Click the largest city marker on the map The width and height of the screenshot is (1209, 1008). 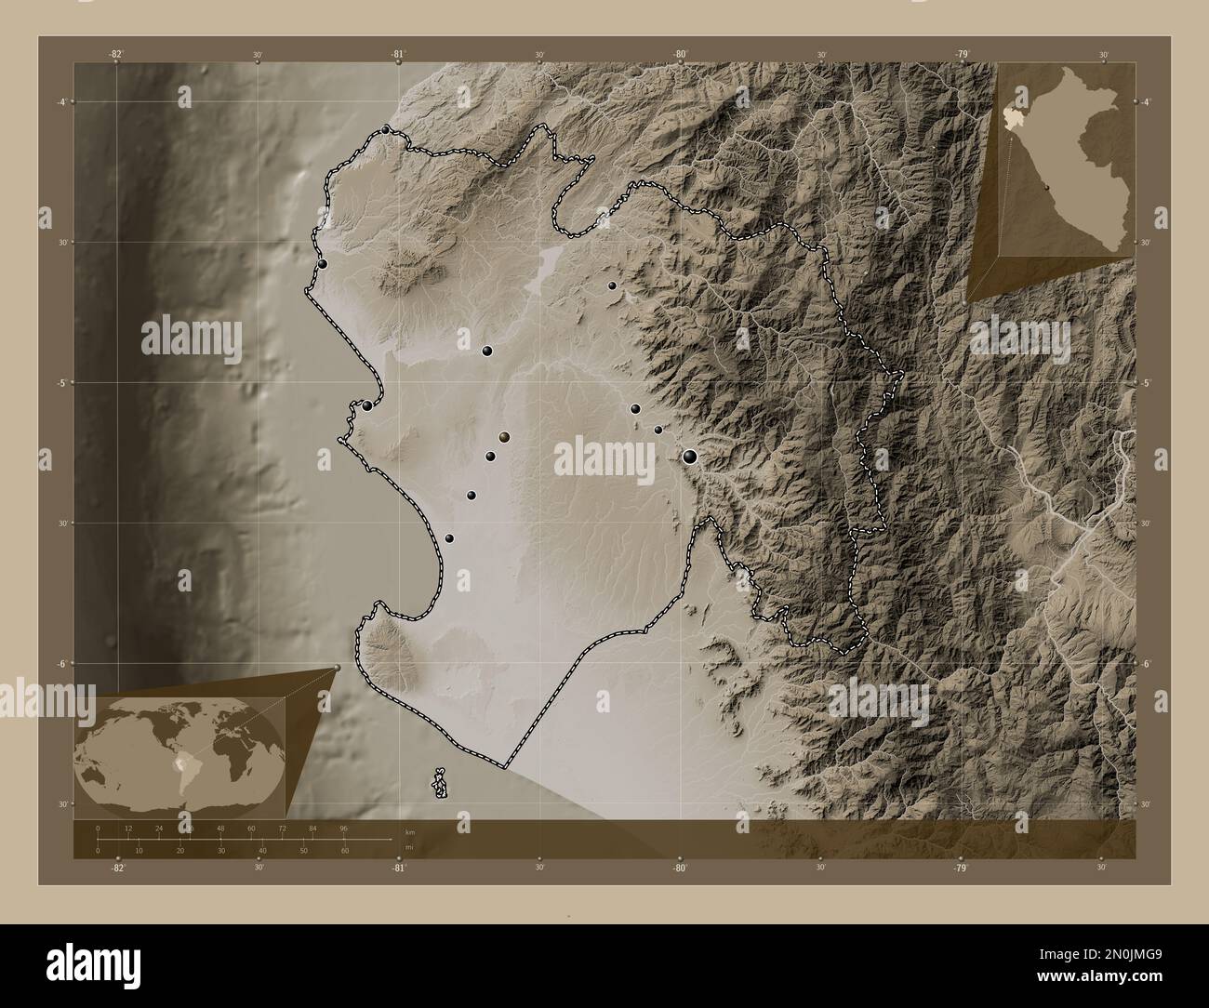click(690, 456)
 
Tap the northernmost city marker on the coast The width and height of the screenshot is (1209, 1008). click(386, 130)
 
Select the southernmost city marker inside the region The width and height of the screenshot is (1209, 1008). click(450, 538)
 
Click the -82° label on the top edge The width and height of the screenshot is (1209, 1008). click(115, 55)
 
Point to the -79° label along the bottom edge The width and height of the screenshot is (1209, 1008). click(961, 868)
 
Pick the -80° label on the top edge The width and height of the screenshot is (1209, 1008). click(681, 55)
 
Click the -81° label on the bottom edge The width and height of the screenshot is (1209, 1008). click(398, 868)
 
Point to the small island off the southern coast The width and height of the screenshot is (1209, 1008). click(441, 783)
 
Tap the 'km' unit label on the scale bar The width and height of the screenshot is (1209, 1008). click(409, 831)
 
